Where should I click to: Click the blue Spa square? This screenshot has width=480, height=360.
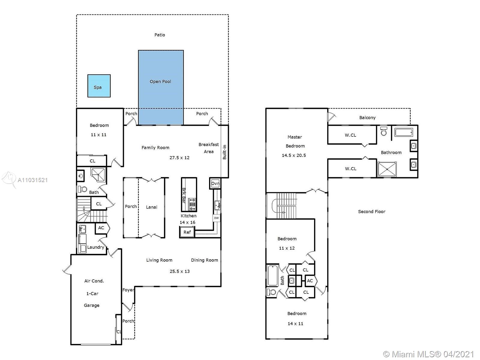tap(99, 86)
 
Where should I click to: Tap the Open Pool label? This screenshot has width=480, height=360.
tap(160, 82)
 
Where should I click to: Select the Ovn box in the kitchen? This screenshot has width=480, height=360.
tap(215, 183)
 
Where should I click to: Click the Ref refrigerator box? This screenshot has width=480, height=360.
tap(187, 232)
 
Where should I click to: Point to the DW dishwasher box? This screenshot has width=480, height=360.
tap(216, 218)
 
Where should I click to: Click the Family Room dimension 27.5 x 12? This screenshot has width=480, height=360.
tap(179, 157)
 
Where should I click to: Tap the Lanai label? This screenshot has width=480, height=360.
tap(151, 207)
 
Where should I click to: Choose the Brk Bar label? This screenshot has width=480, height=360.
tap(184, 195)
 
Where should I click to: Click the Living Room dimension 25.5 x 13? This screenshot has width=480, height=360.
tap(179, 271)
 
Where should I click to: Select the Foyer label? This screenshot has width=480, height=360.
tap(128, 290)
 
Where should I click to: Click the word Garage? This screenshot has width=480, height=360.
tap(91, 305)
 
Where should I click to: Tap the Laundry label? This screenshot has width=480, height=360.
tap(96, 247)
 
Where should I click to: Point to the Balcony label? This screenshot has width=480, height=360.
tap(367, 118)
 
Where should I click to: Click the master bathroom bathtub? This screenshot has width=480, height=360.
tap(404, 132)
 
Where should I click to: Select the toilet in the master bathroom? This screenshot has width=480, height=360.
tap(384, 131)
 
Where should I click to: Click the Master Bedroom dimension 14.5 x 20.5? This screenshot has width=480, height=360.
tap(294, 155)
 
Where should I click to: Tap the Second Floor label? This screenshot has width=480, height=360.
tap(371, 211)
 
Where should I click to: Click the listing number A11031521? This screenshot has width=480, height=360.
tap(33, 180)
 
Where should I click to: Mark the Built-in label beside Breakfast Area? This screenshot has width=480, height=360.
tap(225, 152)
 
